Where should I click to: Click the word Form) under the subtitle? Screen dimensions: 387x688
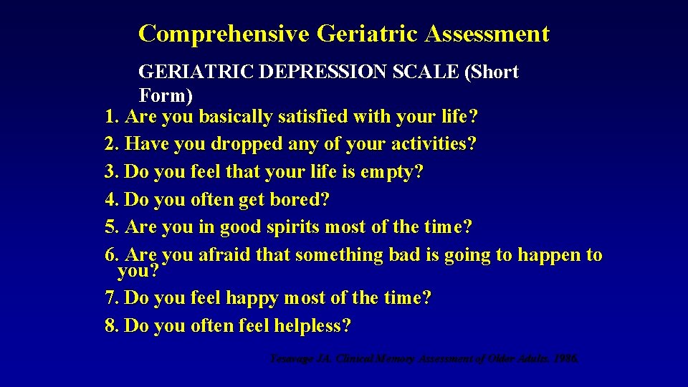[166, 95]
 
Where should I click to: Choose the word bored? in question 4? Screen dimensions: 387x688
[300, 200]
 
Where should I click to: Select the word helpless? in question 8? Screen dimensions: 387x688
[312, 326]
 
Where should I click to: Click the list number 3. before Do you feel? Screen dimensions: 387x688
[112, 172]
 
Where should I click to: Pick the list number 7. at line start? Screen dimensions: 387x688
[112, 298]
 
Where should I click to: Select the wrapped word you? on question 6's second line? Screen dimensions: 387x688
[138, 272]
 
